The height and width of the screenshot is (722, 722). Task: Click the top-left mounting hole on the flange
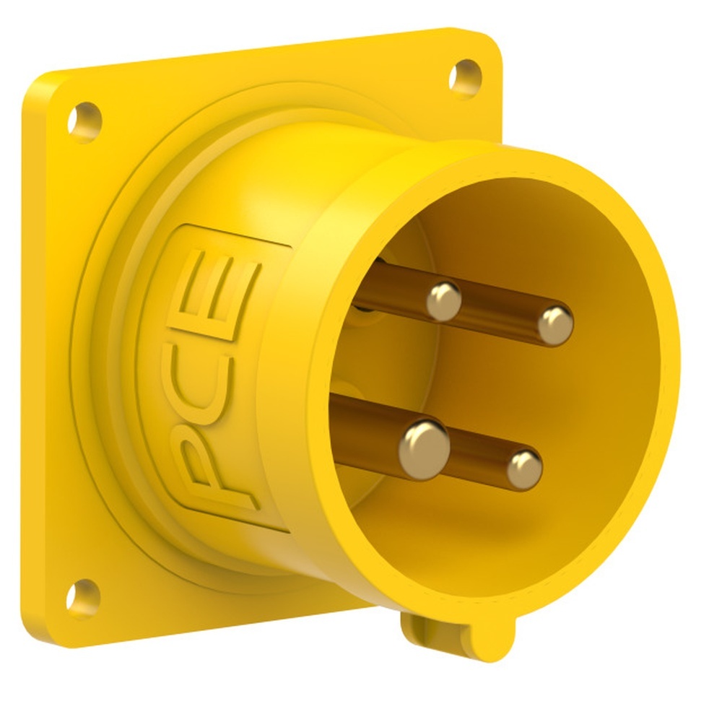(x=84, y=119)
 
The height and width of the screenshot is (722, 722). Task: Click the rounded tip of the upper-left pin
(x=443, y=300)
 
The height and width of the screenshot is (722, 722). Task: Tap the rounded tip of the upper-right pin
(x=555, y=325)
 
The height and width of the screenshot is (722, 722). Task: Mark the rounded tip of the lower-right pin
(x=524, y=469)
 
